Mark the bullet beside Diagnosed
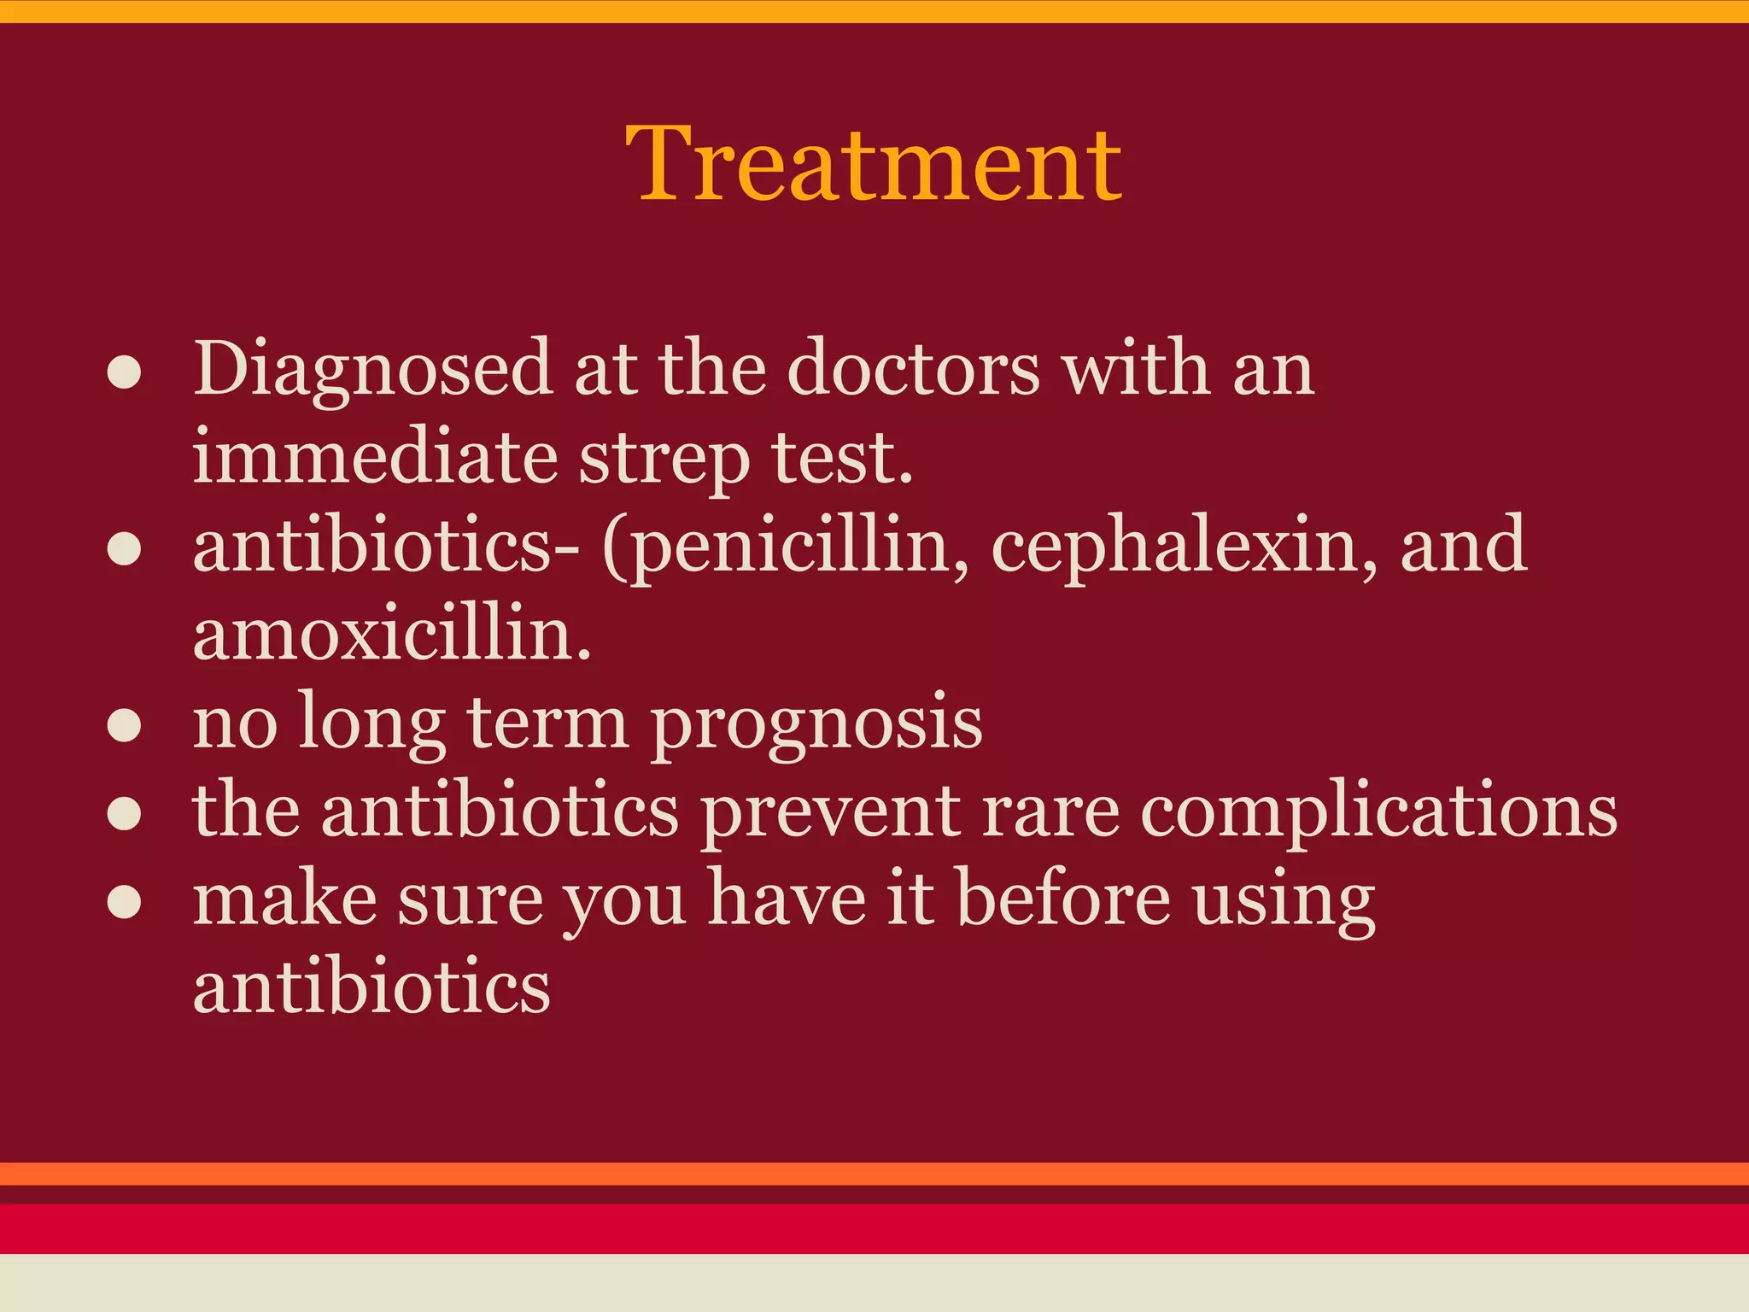point(125,373)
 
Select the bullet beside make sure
point(125,903)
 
